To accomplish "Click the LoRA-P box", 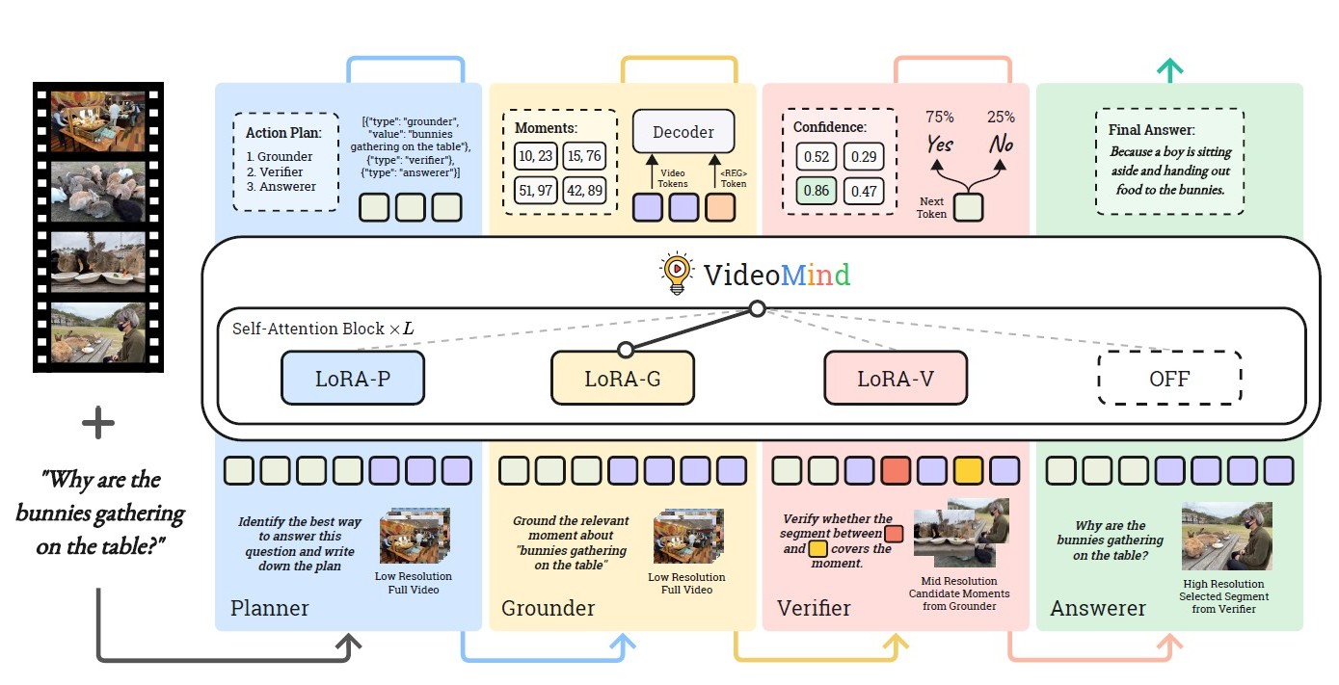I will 353,378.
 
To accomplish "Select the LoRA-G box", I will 622,378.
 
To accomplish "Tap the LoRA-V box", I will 896,378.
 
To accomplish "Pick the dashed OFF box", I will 1169,379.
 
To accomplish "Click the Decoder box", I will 683,131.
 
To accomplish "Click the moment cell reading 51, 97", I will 535,190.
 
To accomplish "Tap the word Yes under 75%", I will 940,145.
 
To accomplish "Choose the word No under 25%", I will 1001,145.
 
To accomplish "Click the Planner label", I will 269,608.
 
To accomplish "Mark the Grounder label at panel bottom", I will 548,608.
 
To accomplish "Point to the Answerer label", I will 1097,608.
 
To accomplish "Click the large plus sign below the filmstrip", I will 97,423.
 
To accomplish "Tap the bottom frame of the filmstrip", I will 97,332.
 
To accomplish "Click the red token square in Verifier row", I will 895,470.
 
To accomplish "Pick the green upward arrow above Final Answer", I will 1169,68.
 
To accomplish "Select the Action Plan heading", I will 276,133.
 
